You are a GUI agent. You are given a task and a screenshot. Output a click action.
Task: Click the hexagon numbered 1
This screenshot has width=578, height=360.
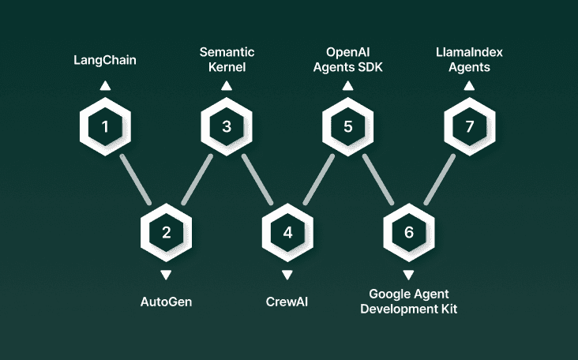(x=105, y=126)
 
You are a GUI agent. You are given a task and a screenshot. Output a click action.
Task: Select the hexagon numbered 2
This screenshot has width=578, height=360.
(x=166, y=232)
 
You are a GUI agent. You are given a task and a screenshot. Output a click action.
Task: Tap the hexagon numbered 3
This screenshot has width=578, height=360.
(x=227, y=126)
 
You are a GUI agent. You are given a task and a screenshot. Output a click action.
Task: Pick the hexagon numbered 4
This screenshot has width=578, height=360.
(x=287, y=232)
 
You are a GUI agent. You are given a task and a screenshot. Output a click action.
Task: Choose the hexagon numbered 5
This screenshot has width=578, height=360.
(x=348, y=126)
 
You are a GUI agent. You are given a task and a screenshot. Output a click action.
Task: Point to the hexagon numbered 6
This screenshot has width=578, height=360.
(x=408, y=232)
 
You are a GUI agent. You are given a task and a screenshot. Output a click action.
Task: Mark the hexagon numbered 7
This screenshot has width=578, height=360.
(x=470, y=126)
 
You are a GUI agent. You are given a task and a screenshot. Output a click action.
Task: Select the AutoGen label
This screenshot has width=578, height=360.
(x=166, y=301)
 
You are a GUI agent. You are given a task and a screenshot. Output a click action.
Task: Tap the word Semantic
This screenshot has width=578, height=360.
(x=227, y=53)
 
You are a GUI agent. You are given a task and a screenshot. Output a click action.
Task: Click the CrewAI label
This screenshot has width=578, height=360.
(x=287, y=301)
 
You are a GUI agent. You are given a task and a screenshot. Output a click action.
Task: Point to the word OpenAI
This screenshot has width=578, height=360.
(x=348, y=53)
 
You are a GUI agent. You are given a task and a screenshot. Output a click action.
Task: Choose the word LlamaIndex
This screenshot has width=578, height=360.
(x=469, y=53)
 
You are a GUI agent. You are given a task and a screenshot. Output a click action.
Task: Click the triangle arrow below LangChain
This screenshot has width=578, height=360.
(x=105, y=86)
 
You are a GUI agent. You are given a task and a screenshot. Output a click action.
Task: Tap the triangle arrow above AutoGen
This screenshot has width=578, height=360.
(x=166, y=274)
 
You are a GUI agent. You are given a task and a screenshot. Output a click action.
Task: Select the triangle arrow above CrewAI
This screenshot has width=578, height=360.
(x=287, y=274)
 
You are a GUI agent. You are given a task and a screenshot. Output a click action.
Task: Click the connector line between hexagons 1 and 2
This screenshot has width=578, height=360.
(x=135, y=179)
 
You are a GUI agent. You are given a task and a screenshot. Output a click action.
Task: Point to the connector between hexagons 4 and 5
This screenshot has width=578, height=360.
(x=318, y=179)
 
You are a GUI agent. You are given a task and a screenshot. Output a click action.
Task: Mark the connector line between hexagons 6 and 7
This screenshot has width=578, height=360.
(x=439, y=179)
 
